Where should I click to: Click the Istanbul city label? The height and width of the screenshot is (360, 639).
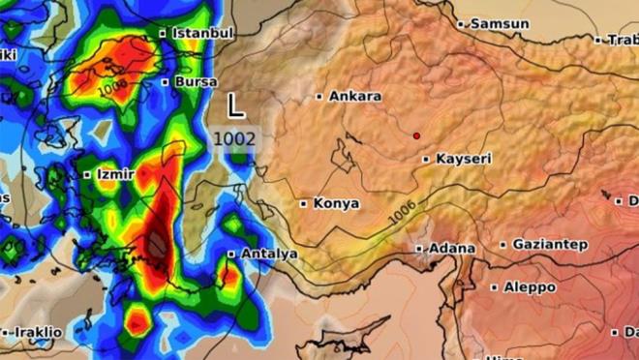pyautogui.click(x=202, y=33)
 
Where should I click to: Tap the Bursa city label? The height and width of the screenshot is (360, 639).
pyautogui.click(x=196, y=81)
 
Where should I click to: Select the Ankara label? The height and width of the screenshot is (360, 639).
pyautogui.click(x=355, y=96)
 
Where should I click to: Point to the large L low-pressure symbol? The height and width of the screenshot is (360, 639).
pyautogui.click(x=235, y=105)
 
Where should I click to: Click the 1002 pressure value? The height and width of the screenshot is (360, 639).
pyautogui.click(x=234, y=138)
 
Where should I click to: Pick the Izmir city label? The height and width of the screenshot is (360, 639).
pyautogui.click(x=114, y=174)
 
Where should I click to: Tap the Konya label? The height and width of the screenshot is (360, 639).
pyautogui.click(x=336, y=203)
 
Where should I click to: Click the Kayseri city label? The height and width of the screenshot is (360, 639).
pyautogui.click(x=464, y=158)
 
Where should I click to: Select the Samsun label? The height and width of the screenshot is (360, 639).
pyautogui.click(x=500, y=23)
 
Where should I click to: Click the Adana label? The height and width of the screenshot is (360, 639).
pyautogui.click(x=452, y=248)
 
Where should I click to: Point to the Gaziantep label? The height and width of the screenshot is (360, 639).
pyautogui.click(x=549, y=244)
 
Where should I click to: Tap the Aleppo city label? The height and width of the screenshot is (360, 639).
pyautogui.click(x=530, y=287)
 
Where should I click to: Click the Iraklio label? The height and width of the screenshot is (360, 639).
pyautogui.click(x=36, y=332)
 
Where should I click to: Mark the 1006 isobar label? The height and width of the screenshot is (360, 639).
pyautogui.click(x=406, y=215)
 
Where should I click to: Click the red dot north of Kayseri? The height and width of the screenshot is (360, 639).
pyautogui.click(x=416, y=135)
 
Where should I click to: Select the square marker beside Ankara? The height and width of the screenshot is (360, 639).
pyautogui.click(x=320, y=96)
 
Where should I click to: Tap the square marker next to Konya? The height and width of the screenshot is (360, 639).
pyautogui.click(x=304, y=203)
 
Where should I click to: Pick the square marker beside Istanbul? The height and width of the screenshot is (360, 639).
pyautogui.click(x=163, y=33)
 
